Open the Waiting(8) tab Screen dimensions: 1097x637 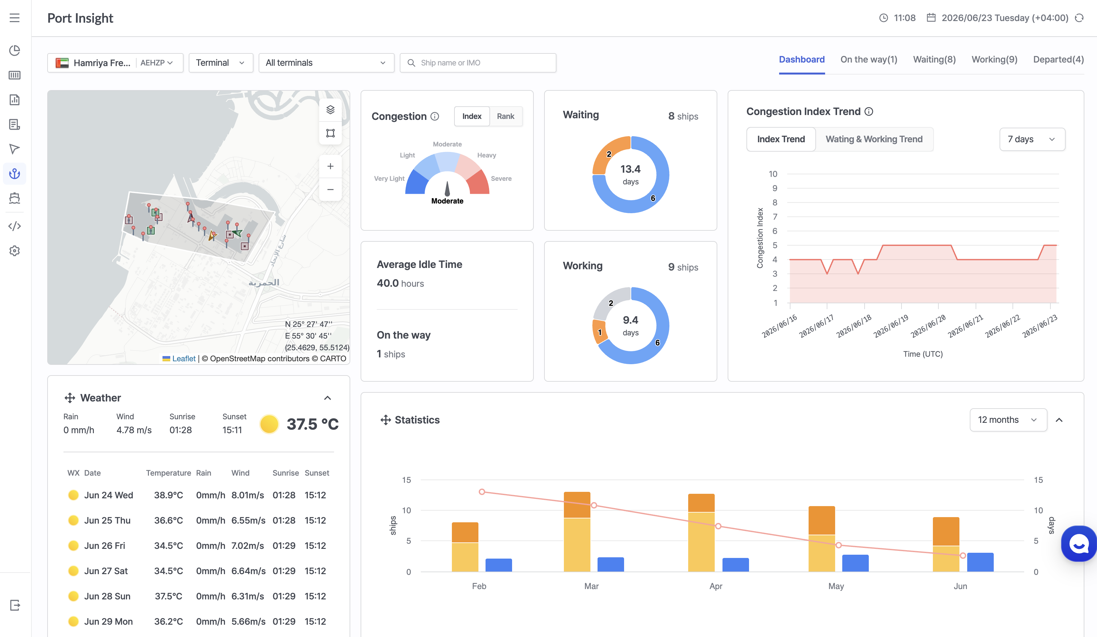(x=934, y=60)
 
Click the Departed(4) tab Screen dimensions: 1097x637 (x=1058, y=60)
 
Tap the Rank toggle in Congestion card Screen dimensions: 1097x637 (x=505, y=116)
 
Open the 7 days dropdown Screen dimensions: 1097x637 (x=1032, y=139)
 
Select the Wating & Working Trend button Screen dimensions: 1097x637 (x=874, y=139)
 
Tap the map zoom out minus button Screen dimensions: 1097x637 (x=330, y=190)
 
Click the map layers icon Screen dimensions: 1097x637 (x=330, y=110)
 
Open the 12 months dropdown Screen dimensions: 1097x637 (x=1008, y=420)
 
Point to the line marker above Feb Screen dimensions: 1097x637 (x=481, y=492)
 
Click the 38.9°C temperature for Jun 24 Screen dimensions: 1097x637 (x=168, y=495)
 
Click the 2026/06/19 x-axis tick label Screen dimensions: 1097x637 (x=891, y=326)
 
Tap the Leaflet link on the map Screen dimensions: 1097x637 (x=184, y=359)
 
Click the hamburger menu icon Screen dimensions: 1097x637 (x=14, y=18)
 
